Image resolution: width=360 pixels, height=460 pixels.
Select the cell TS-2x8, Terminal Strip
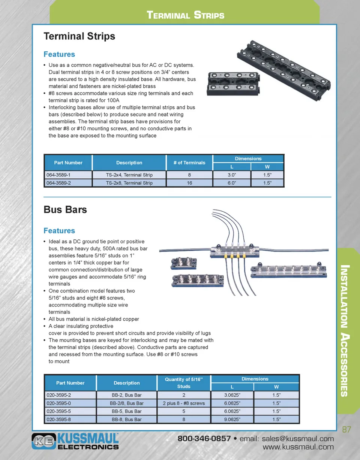click(x=129, y=183)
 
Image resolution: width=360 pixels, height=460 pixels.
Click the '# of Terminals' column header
click(x=189, y=163)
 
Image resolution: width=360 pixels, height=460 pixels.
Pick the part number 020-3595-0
click(x=58, y=403)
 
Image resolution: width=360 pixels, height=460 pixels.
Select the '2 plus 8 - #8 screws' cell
click(x=184, y=403)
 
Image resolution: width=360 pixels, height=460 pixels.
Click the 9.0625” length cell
click(x=232, y=420)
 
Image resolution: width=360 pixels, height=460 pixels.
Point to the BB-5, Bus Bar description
click(x=127, y=411)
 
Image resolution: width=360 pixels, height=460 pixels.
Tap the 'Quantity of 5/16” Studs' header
click(x=184, y=383)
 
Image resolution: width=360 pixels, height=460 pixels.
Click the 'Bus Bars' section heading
click(x=65, y=209)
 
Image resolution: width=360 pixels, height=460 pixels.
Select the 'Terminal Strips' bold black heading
click(x=79, y=36)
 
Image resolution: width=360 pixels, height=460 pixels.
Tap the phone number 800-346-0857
click(x=204, y=439)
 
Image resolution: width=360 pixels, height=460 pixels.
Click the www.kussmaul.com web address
click(x=298, y=447)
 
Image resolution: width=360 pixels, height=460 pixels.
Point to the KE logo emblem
click(x=44, y=441)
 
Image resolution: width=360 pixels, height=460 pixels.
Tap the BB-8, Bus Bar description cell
click(x=127, y=420)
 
